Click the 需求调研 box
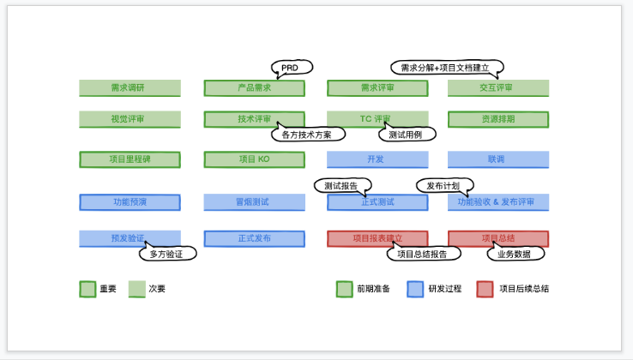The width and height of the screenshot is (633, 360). pos(130,88)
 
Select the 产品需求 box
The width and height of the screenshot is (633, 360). pos(254,88)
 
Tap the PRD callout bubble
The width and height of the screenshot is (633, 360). pos(292,67)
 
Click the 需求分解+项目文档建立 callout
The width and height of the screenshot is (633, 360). pos(446,67)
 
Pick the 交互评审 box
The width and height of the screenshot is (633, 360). pos(497,88)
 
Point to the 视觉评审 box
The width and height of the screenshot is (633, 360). pos(130,119)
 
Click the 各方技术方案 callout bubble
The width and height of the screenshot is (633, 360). pos(307,135)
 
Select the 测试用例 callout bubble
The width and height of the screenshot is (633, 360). pos(407,135)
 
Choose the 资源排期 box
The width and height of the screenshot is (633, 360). pos(497,119)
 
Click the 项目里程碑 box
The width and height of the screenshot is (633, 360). pos(130,159)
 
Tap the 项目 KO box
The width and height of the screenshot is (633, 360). pos(254,159)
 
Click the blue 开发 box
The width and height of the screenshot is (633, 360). pos(377,159)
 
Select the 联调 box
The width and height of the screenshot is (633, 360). pos(497,159)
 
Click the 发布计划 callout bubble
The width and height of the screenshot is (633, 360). pos(443,185)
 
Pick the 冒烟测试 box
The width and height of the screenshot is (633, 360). pos(254,202)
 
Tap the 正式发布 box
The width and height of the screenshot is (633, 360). pos(254,238)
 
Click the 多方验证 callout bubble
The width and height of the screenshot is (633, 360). pos(167,254)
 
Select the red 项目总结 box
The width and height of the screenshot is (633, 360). pos(497,238)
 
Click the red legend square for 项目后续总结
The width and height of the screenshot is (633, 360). pos(485,289)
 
